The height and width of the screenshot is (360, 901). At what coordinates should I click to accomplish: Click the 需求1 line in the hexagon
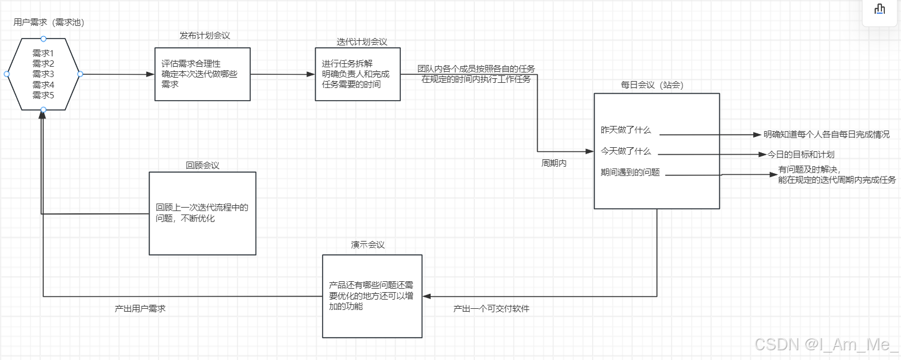tap(43, 53)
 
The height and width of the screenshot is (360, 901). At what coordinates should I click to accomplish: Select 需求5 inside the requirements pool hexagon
tap(43, 95)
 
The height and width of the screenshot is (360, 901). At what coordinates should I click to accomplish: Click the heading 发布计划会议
tap(205, 36)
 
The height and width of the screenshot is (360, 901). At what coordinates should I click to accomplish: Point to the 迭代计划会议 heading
tap(362, 42)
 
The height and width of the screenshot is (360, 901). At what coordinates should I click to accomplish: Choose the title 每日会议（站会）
tap(651, 85)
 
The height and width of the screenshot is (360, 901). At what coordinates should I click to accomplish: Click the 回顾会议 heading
tap(202, 165)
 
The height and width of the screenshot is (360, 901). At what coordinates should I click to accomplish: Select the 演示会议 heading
tap(368, 244)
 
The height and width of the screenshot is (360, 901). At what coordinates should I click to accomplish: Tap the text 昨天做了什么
tap(626, 131)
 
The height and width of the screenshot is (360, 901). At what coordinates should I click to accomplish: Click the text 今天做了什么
tap(626, 151)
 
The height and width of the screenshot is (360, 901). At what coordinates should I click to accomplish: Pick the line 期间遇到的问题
tap(630, 172)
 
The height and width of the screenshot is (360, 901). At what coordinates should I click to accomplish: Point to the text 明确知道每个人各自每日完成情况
tap(826, 135)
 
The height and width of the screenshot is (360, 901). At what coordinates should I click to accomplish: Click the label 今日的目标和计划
tap(801, 154)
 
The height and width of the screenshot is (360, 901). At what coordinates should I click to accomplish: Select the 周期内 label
tap(554, 163)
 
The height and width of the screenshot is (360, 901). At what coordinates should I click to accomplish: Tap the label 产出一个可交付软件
tap(491, 309)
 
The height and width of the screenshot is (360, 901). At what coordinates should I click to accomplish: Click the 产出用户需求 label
tap(140, 309)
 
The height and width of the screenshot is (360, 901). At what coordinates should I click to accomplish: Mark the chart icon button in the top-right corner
tap(879, 9)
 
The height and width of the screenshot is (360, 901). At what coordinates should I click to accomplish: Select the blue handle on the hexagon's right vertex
tap(80, 74)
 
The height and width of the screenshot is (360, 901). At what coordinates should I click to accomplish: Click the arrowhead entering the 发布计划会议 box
tap(151, 74)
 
